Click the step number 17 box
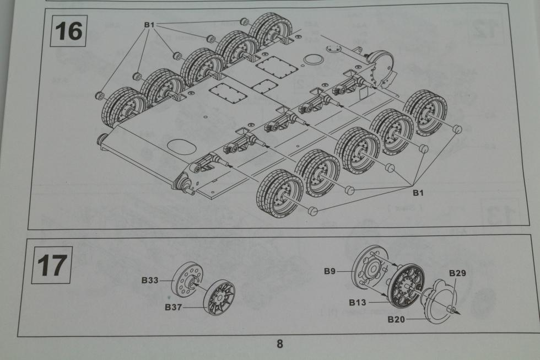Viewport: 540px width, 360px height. point(52,266)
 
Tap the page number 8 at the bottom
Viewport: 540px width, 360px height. point(279,344)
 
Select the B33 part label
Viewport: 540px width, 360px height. point(150,281)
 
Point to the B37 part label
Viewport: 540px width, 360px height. point(174,307)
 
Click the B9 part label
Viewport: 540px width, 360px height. point(330,271)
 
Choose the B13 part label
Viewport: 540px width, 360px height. point(358,302)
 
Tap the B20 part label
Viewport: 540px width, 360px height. point(397,319)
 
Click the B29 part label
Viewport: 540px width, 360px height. point(457,273)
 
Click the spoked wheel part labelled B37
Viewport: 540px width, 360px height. point(219,298)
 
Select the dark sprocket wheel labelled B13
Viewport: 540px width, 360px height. point(406,284)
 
